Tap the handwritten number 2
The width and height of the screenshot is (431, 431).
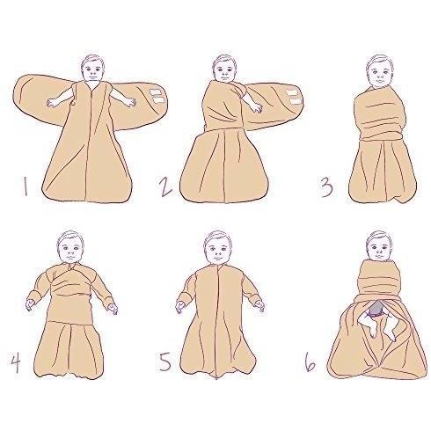(x=165, y=188)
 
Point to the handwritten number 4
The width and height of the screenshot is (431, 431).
(x=16, y=362)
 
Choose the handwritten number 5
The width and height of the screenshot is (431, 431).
(x=165, y=362)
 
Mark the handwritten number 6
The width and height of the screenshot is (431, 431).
(x=310, y=362)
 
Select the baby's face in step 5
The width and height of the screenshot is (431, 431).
(x=217, y=248)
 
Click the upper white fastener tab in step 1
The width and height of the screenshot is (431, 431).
(x=156, y=92)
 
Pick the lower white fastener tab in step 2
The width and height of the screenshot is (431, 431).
(x=296, y=101)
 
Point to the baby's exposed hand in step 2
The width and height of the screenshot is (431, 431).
(x=256, y=107)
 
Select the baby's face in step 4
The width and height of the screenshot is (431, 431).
(x=70, y=249)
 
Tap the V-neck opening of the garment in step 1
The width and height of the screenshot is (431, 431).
(x=93, y=85)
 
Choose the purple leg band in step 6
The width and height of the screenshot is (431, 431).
(x=372, y=315)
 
